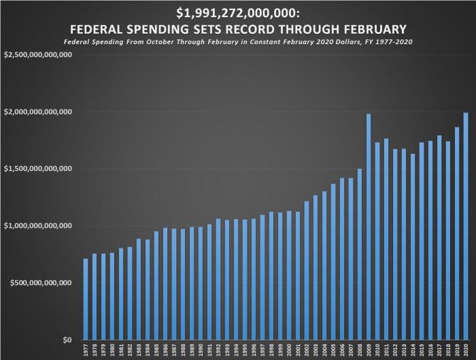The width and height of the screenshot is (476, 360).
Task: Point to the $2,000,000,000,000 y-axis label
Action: pyautogui.click(x=39, y=112)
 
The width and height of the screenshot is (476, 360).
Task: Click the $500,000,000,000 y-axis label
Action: pyautogui.click(x=41, y=283)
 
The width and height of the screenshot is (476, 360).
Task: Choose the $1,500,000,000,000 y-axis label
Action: pyautogui.click(x=39, y=169)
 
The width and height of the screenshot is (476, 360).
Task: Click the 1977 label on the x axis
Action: pyautogui.click(x=86, y=350)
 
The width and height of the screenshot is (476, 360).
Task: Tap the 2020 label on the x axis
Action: pyautogui.click(x=466, y=350)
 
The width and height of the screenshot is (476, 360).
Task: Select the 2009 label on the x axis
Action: pyautogui.click(x=369, y=350)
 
